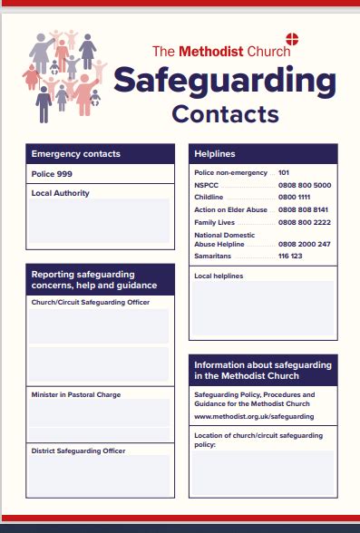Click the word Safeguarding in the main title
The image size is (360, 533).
coord(224,82)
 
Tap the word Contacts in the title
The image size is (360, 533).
coord(225,114)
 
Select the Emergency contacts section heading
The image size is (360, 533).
coord(75,154)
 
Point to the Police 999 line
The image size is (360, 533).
coord(52,173)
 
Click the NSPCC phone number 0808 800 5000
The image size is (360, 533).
coord(305,185)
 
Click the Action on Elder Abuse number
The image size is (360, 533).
coord(305,209)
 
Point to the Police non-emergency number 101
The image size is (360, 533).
coord(284,172)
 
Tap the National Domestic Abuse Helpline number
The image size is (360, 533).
coord(305,244)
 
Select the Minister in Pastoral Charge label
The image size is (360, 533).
coord(75,395)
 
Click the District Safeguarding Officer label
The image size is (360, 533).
coord(78,451)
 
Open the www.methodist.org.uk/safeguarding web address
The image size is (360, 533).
coord(254,416)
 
